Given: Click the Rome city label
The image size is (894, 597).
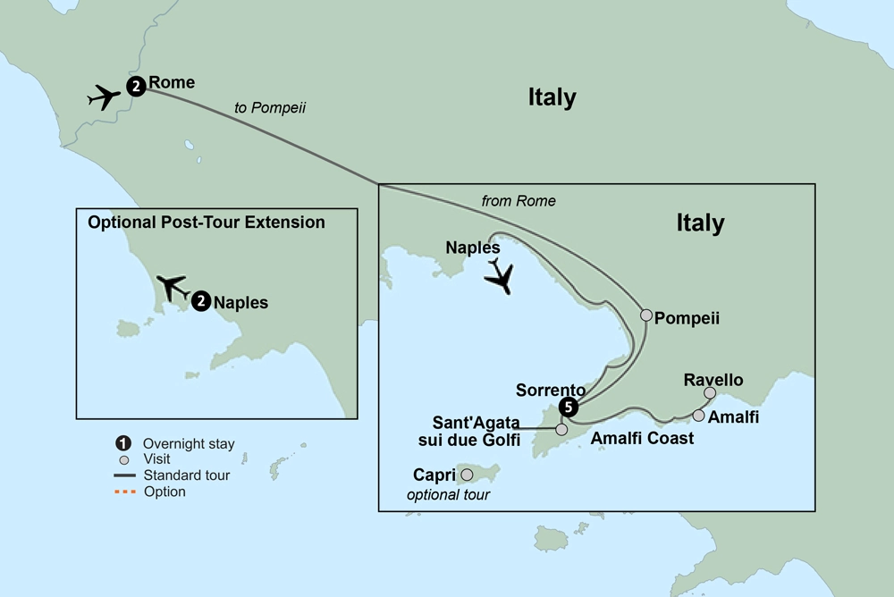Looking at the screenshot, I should tap(172, 83).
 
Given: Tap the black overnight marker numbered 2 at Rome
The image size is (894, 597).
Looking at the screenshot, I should tap(135, 87).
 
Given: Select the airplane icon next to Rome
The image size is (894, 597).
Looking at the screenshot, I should tap(105, 97).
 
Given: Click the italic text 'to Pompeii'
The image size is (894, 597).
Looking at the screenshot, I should tap(270, 108).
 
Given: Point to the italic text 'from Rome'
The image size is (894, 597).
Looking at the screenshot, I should tap(519, 201).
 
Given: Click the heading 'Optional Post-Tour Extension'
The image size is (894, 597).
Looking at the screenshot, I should tap(207, 222).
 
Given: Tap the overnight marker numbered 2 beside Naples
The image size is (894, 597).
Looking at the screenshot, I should tap(201, 302).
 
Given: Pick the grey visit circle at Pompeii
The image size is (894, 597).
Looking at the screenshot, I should tap(645, 315).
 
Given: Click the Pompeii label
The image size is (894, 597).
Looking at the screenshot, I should tap(687, 317).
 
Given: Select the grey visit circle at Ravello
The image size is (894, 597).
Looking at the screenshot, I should tap(709, 392).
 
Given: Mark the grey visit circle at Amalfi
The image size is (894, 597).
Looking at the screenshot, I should tap(698, 415).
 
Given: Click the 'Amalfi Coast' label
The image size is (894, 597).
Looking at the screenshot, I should tap(642, 439).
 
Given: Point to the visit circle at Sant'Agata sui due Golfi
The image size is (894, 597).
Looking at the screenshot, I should tap(561, 430).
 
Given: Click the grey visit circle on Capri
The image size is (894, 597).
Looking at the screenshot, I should tap(466, 475).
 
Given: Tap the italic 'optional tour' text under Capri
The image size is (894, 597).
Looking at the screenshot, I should tap(448, 494).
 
